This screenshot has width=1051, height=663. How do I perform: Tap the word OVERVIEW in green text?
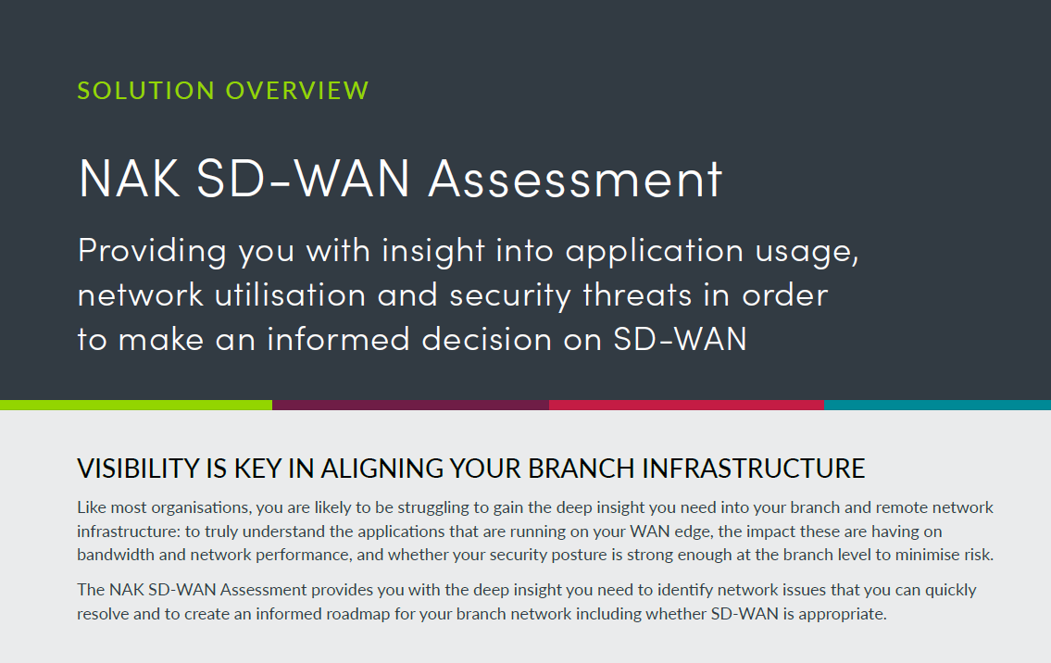tap(297, 91)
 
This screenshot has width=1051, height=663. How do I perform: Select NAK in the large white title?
tap(130, 179)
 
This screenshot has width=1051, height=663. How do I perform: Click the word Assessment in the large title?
tap(575, 179)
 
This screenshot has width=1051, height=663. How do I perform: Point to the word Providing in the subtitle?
tap(152, 252)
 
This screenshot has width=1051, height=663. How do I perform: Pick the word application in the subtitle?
tap(655, 252)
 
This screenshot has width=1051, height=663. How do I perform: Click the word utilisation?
tap(290, 295)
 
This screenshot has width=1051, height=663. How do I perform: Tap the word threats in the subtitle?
tap(637, 295)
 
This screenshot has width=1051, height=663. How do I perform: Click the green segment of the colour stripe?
tap(136, 405)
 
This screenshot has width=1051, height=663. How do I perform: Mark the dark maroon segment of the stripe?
tap(410, 405)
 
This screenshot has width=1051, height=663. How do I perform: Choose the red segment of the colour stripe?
tap(686, 405)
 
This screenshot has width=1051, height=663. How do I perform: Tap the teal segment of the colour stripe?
tap(937, 405)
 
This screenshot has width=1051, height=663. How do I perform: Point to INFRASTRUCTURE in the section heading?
tap(754, 469)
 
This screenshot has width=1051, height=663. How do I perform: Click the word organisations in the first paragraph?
tap(200, 508)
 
